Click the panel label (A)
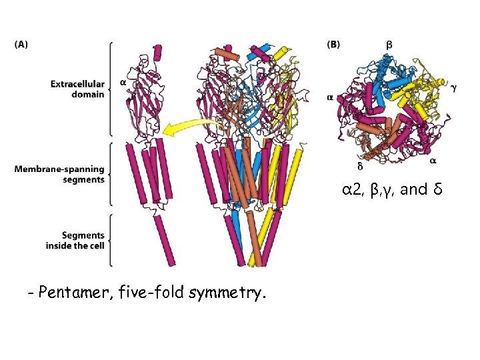21,45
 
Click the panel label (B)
333,45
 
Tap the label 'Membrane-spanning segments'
59,174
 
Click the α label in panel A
123,83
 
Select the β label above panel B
389,44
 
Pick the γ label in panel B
453,87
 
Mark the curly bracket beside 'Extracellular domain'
111,88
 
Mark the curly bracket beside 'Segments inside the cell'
111,240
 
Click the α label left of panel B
330,97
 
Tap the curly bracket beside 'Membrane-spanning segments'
111,174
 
